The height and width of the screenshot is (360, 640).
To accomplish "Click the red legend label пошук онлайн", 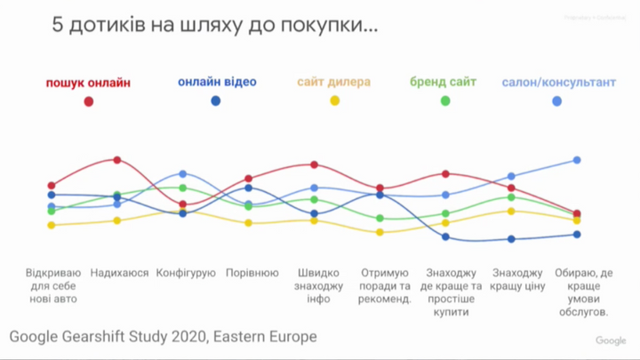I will pos(88,83).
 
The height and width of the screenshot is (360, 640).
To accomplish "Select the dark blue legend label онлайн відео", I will pos(217,83).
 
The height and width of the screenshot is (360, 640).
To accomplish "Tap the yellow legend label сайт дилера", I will pos(335,83).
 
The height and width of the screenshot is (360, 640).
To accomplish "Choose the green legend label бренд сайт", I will pos(444,83).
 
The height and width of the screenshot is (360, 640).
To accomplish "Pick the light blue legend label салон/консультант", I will pos(558,83).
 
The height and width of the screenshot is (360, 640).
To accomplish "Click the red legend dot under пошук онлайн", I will pos(89,101).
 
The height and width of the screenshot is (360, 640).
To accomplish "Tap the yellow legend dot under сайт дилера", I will pos(335,101).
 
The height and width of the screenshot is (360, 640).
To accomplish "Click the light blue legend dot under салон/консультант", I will pos(557,101).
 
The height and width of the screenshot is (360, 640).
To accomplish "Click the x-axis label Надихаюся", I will pos(119,272).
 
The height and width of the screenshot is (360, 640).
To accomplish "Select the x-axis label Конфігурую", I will pos(186,272).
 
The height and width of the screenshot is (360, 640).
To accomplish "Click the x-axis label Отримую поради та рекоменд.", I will pos(385,285).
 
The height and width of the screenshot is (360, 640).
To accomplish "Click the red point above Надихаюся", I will pos(117,160).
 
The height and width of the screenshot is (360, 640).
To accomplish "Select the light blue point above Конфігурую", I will pos(182,174).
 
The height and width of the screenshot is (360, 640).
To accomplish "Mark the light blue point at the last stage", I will pos(577,160).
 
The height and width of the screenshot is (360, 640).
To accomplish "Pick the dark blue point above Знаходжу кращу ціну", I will pos(511,239).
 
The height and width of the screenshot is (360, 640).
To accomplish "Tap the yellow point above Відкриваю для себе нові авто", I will pos(52,226).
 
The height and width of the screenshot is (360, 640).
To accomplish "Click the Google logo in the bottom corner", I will pos(611,341).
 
